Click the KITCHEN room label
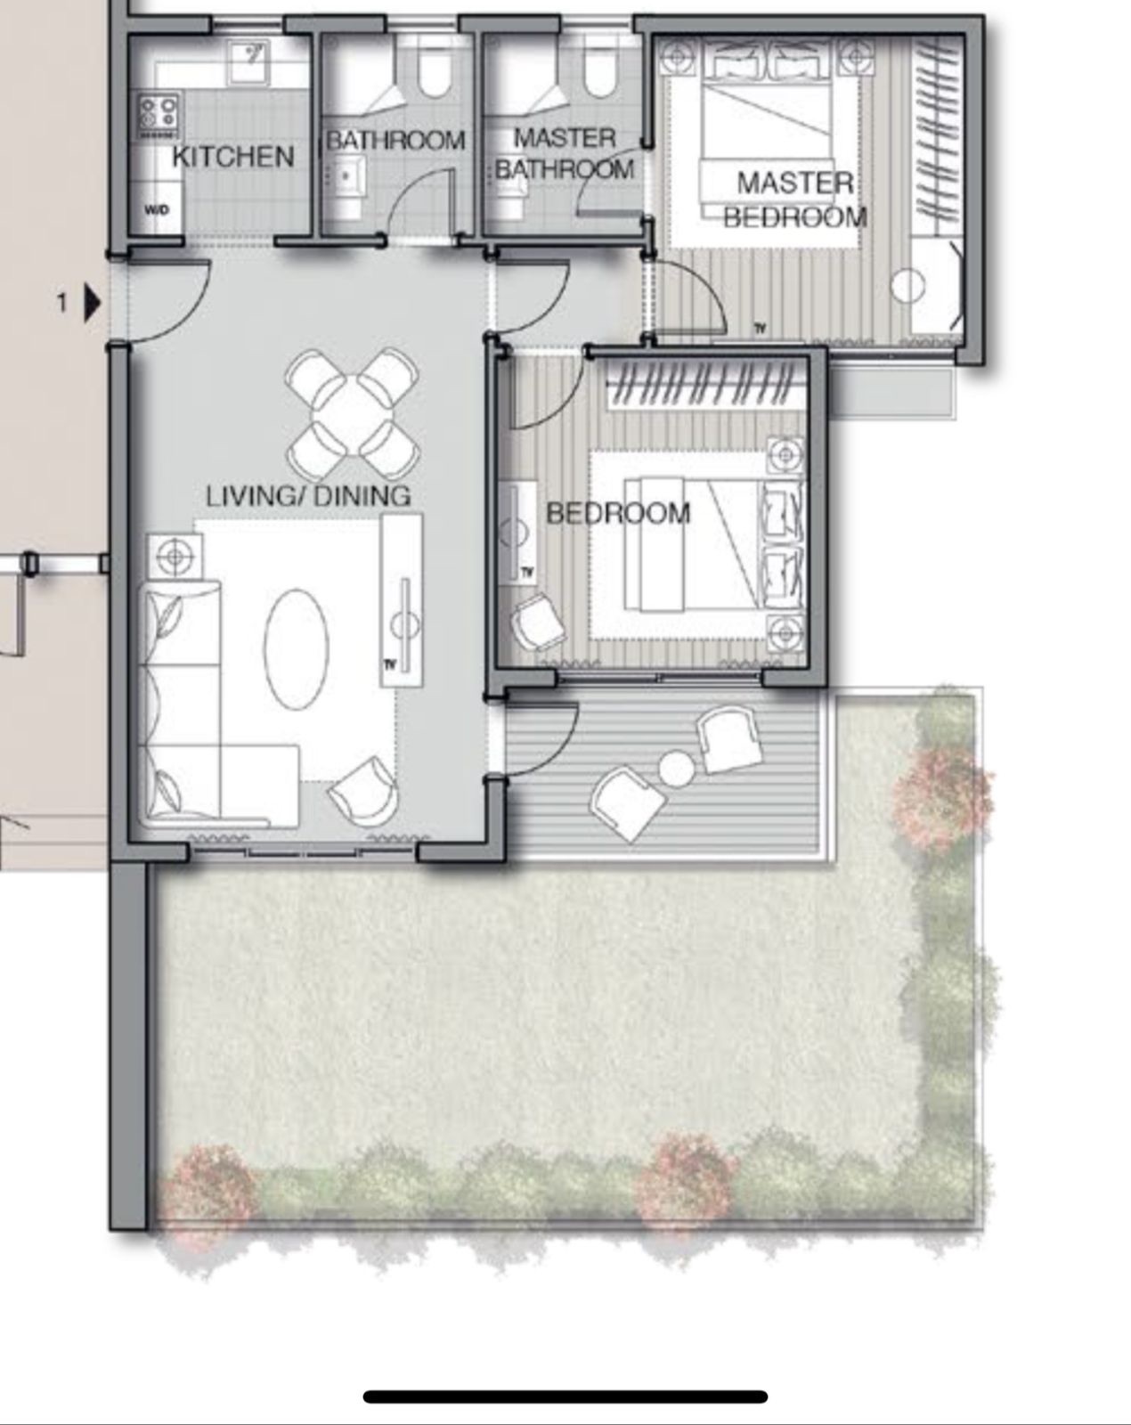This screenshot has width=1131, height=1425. (233, 157)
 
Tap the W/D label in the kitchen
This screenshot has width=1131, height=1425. (157, 210)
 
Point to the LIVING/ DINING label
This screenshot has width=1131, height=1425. (308, 496)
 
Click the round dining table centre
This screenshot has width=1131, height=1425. (352, 414)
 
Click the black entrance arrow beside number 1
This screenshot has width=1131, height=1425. (93, 303)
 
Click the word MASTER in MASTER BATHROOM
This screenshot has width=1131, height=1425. (565, 138)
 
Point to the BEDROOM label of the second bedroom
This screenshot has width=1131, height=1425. (618, 513)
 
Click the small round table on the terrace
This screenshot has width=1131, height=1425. (676, 769)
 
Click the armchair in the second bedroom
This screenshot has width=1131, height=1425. (539, 622)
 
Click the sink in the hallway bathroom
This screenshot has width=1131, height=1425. (345, 176)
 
